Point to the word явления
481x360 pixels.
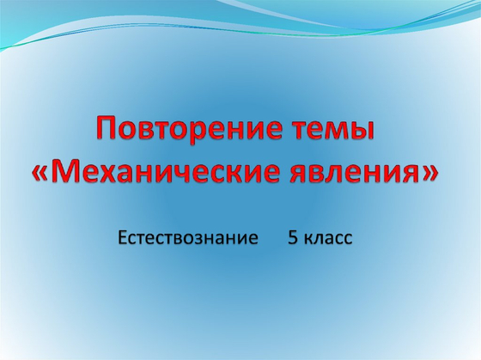coord(356,173)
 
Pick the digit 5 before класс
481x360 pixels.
coord(292,238)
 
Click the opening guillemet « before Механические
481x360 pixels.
coord(43,174)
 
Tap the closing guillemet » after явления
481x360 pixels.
coord(431,174)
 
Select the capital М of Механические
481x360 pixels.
coord(68,173)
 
